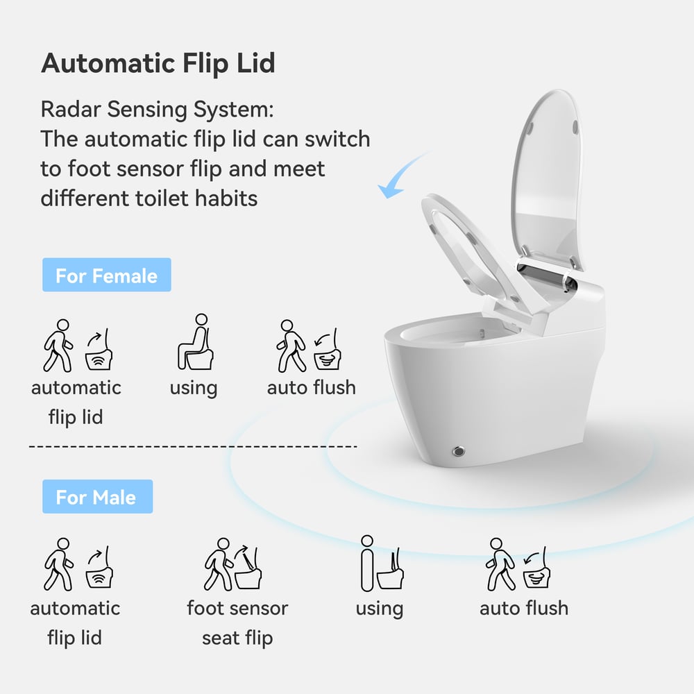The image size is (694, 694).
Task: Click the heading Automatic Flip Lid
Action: click(x=158, y=63)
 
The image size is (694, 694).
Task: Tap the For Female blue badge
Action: click(x=106, y=276)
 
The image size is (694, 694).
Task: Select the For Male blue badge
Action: click(x=96, y=497)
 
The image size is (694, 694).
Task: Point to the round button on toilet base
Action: click(x=458, y=451)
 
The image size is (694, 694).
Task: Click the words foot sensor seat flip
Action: click(x=237, y=623)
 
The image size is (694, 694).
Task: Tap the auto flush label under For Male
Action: click(x=523, y=608)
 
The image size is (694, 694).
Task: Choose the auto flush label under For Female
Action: click(x=311, y=387)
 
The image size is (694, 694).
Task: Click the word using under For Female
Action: click(x=194, y=388)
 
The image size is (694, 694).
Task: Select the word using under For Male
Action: click(x=379, y=609)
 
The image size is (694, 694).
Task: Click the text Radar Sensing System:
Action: click(x=156, y=109)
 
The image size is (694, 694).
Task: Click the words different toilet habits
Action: click(x=149, y=198)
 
